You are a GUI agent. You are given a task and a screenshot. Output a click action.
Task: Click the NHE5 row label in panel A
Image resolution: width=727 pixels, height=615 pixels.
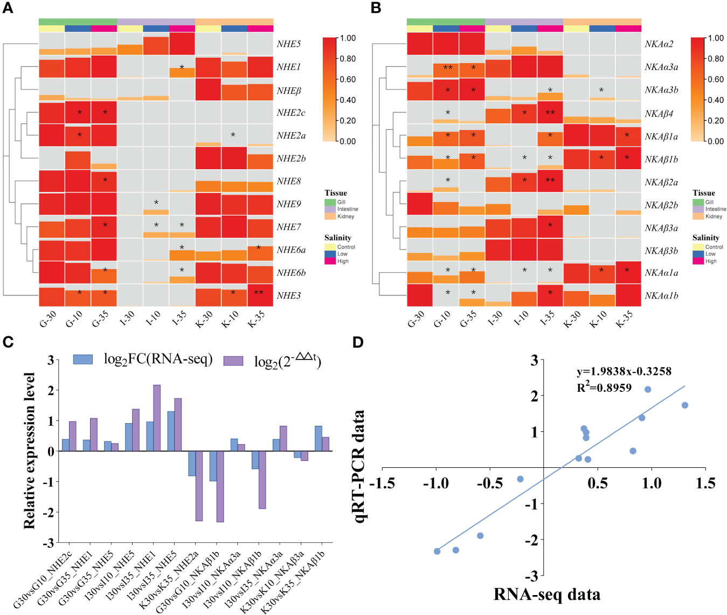[288, 44]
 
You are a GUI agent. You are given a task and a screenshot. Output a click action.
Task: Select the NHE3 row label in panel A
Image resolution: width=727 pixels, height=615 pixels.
[288, 295]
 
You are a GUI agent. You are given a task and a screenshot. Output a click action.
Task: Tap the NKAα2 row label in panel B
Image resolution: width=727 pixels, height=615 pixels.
[659, 44]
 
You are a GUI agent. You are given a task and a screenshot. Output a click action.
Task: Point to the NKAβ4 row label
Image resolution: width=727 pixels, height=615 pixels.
[659, 114]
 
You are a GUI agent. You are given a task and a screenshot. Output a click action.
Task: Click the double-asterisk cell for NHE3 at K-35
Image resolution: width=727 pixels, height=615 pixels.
[259, 293]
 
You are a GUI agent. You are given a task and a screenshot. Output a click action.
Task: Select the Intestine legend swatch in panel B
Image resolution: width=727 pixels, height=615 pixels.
[698, 209]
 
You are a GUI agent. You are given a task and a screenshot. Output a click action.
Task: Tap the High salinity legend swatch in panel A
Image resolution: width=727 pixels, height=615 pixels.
[330, 261]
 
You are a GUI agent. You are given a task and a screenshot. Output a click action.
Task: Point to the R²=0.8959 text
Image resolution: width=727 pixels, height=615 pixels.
[604, 388]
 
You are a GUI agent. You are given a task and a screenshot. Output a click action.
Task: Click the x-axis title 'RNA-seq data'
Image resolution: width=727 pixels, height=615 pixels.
[546, 594]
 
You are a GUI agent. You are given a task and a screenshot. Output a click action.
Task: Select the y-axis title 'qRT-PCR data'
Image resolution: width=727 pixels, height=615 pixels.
[358, 467]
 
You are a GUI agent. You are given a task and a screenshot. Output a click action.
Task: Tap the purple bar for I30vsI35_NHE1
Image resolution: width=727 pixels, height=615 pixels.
[157, 418]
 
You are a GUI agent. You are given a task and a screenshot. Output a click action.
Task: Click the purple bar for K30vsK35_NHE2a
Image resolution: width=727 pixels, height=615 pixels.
[199, 486]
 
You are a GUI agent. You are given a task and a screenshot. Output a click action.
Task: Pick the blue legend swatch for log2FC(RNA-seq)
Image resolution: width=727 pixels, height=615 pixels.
[83, 360]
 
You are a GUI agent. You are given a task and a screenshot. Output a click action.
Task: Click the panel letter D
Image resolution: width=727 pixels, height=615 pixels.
[358, 342]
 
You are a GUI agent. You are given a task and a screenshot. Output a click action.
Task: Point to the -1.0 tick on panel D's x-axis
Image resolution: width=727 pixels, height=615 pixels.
[435, 483]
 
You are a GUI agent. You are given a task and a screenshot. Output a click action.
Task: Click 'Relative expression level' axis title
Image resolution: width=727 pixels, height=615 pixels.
[29, 451]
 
